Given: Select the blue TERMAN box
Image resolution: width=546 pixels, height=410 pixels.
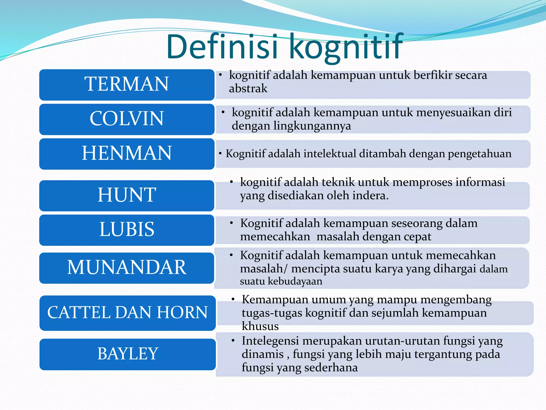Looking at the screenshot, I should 127,85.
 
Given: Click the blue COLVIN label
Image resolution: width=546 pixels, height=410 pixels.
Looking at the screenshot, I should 127,119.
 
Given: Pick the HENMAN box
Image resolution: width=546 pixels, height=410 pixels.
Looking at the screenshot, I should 127,153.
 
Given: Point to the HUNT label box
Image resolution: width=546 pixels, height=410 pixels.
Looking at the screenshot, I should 127,195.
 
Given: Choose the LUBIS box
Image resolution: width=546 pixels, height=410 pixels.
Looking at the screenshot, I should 127,230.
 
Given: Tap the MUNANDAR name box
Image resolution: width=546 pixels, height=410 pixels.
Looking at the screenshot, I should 127,268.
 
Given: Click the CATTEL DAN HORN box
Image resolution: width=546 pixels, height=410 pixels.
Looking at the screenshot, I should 127,313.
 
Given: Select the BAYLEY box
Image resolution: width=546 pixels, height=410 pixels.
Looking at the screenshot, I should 127,354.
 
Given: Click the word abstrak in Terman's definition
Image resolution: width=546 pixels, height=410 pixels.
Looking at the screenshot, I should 248,89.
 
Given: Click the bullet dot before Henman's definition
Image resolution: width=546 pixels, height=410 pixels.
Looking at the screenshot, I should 220,153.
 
